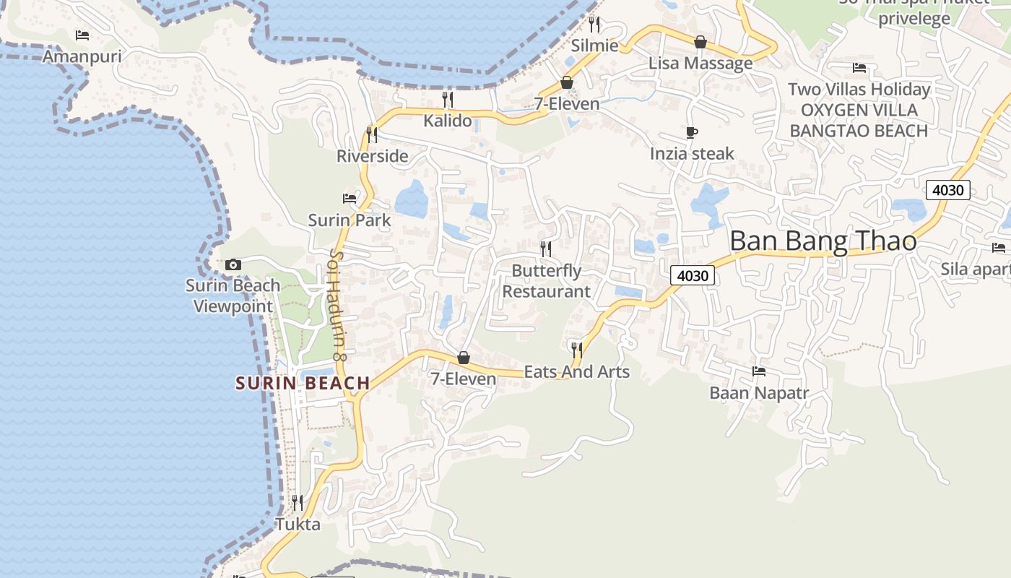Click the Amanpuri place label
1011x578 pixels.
click(x=82, y=56)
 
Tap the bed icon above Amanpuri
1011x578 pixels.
click(x=82, y=35)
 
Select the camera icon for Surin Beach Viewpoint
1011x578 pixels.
click(x=233, y=264)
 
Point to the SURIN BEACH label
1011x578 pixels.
click(x=303, y=383)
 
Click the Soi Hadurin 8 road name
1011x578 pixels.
click(x=338, y=305)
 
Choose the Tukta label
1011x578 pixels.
click(x=298, y=524)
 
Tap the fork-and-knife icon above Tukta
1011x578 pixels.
click(x=297, y=501)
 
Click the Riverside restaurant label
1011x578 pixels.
click(x=372, y=156)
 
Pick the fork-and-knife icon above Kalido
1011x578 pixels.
click(x=448, y=99)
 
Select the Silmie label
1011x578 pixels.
click(x=594, y=46)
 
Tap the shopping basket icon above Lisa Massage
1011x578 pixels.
click(x=700, y=42)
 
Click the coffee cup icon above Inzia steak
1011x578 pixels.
click(x=692, y=132)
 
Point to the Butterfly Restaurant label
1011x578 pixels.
click(x=546, y=281)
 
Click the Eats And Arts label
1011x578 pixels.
click(x=576, y=372)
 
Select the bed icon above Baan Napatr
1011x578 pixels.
click(x=758, y=371)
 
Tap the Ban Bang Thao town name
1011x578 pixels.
click(x=823, y=241)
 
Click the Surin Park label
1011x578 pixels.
click(x=350, y=220)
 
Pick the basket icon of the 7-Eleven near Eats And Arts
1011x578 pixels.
click(x=464, y=358)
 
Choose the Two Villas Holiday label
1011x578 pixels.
click(x=859, y=90)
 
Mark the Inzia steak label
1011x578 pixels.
click(x=692, y=153)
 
